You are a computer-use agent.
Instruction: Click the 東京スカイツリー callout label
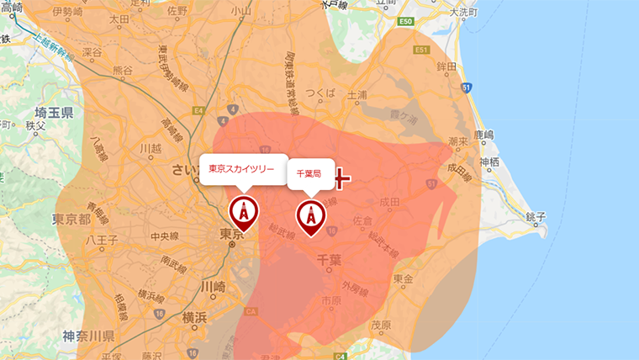coord(242,169)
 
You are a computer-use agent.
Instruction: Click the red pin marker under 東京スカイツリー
coord(244,212)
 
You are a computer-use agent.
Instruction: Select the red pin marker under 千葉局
coord(311,216)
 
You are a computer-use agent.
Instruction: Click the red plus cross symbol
coord(341,178)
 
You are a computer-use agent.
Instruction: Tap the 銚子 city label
coord(535,218)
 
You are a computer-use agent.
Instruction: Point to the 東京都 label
coord(71,219)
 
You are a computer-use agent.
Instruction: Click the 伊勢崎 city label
coord(67,13)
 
